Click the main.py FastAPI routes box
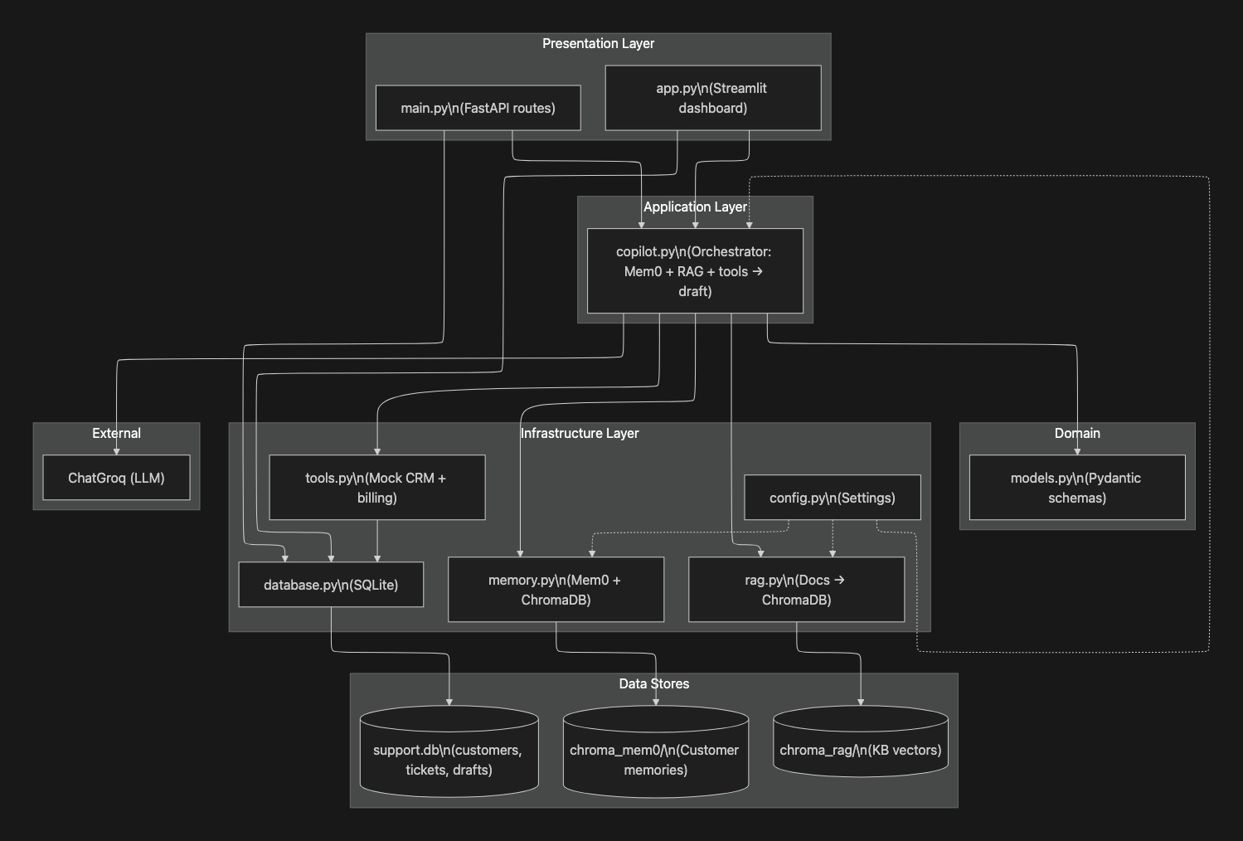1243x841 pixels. click(478, 108)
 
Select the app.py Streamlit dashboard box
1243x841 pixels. click(712, 98)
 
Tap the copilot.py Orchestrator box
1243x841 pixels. click(695, 271)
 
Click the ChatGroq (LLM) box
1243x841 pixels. click(116, 478)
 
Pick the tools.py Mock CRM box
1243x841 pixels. click(376, 488)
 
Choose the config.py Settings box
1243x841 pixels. click(832, 498)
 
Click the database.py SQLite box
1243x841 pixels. click(331, 585)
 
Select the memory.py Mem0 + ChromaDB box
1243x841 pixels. click(556, 590)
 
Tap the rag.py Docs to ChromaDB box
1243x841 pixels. click(796, 590)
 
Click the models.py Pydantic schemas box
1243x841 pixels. click(1076, 488)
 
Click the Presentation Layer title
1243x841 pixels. click(598, 43)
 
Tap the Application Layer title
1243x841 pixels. click(695, 207)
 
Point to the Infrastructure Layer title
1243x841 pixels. click(580, 433)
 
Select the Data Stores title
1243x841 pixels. click(653, 683)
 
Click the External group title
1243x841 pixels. click(116, 433)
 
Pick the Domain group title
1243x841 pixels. click(1076, 433)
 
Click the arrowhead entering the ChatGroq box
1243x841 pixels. click(117, 451)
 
